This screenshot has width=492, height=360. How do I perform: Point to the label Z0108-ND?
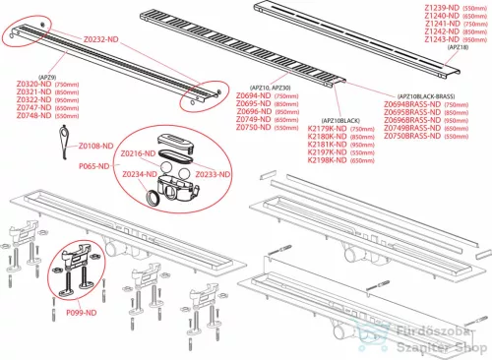pyautogui.click(x=97, y=145)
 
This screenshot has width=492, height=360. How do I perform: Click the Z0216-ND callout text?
pyautogui.click(x=138, y=154)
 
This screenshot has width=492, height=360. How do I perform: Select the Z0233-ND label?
pyautogui.click(x=211, y=173)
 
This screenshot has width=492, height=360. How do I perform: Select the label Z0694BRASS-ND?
pyautogui.click(x=411, y=103)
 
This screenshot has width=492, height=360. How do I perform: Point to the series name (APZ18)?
pyautogui.click(x=458, y=46)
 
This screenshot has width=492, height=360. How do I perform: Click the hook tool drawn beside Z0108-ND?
pyautogui.click(x=62, y=149)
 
